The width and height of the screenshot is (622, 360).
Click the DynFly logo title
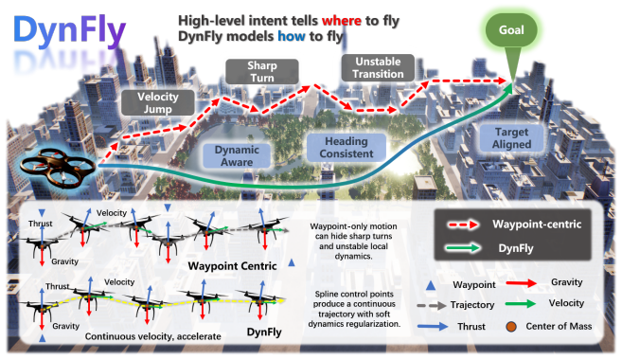pos(69,30)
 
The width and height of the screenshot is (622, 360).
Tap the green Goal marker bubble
pos(511,30)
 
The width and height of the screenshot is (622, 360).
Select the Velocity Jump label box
pos(157,103)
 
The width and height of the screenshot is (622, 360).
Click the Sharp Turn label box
pos(262,71)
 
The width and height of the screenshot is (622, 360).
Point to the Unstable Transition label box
pos(378,68)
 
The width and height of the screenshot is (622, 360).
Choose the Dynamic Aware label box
pos(237,155)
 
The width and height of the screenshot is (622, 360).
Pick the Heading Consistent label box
pos(347,147)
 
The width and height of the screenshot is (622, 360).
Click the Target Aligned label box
pos(511,138)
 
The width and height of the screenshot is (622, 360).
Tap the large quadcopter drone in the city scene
pos(58,169)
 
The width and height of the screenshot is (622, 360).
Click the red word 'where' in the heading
pos(341,20)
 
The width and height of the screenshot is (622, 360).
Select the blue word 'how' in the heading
pos(292,36)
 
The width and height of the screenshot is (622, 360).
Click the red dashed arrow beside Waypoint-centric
pos(463,225)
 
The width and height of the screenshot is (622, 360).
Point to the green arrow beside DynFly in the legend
pos(463,248)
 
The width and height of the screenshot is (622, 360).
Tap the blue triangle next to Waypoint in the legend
pos(431,285)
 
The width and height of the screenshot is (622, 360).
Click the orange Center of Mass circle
pos(511,327)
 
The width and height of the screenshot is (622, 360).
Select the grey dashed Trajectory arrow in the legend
pos(431,306)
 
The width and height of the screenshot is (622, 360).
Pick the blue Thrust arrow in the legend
pos(433,327)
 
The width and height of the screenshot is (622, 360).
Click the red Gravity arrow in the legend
pos(521,283)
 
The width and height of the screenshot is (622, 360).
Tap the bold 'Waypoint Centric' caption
pos(232,266)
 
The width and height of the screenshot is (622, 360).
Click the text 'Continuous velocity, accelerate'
pos(153,336)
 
